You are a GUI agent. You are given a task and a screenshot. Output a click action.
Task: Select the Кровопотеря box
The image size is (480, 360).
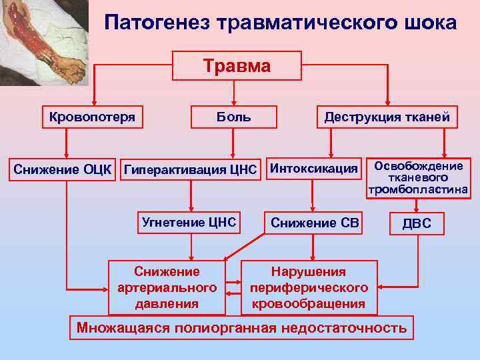(92, 117)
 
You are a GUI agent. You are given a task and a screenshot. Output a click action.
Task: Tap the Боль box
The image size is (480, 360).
(233, 117)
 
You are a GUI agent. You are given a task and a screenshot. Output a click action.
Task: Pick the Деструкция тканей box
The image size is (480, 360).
(387, 117)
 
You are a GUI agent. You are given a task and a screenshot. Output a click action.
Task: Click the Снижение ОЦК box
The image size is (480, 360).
(65, 169)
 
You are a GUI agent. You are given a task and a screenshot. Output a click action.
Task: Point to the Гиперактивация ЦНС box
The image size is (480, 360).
(191, 169)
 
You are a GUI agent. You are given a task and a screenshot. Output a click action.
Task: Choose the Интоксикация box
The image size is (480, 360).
(313, 169)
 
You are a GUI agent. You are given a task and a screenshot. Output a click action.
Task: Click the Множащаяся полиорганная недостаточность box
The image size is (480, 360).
(241, 328)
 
